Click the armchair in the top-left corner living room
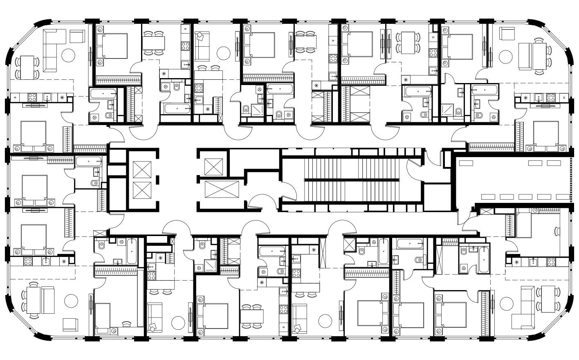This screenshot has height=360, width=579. [76, 36]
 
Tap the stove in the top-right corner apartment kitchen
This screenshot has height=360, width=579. [551, 97]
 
